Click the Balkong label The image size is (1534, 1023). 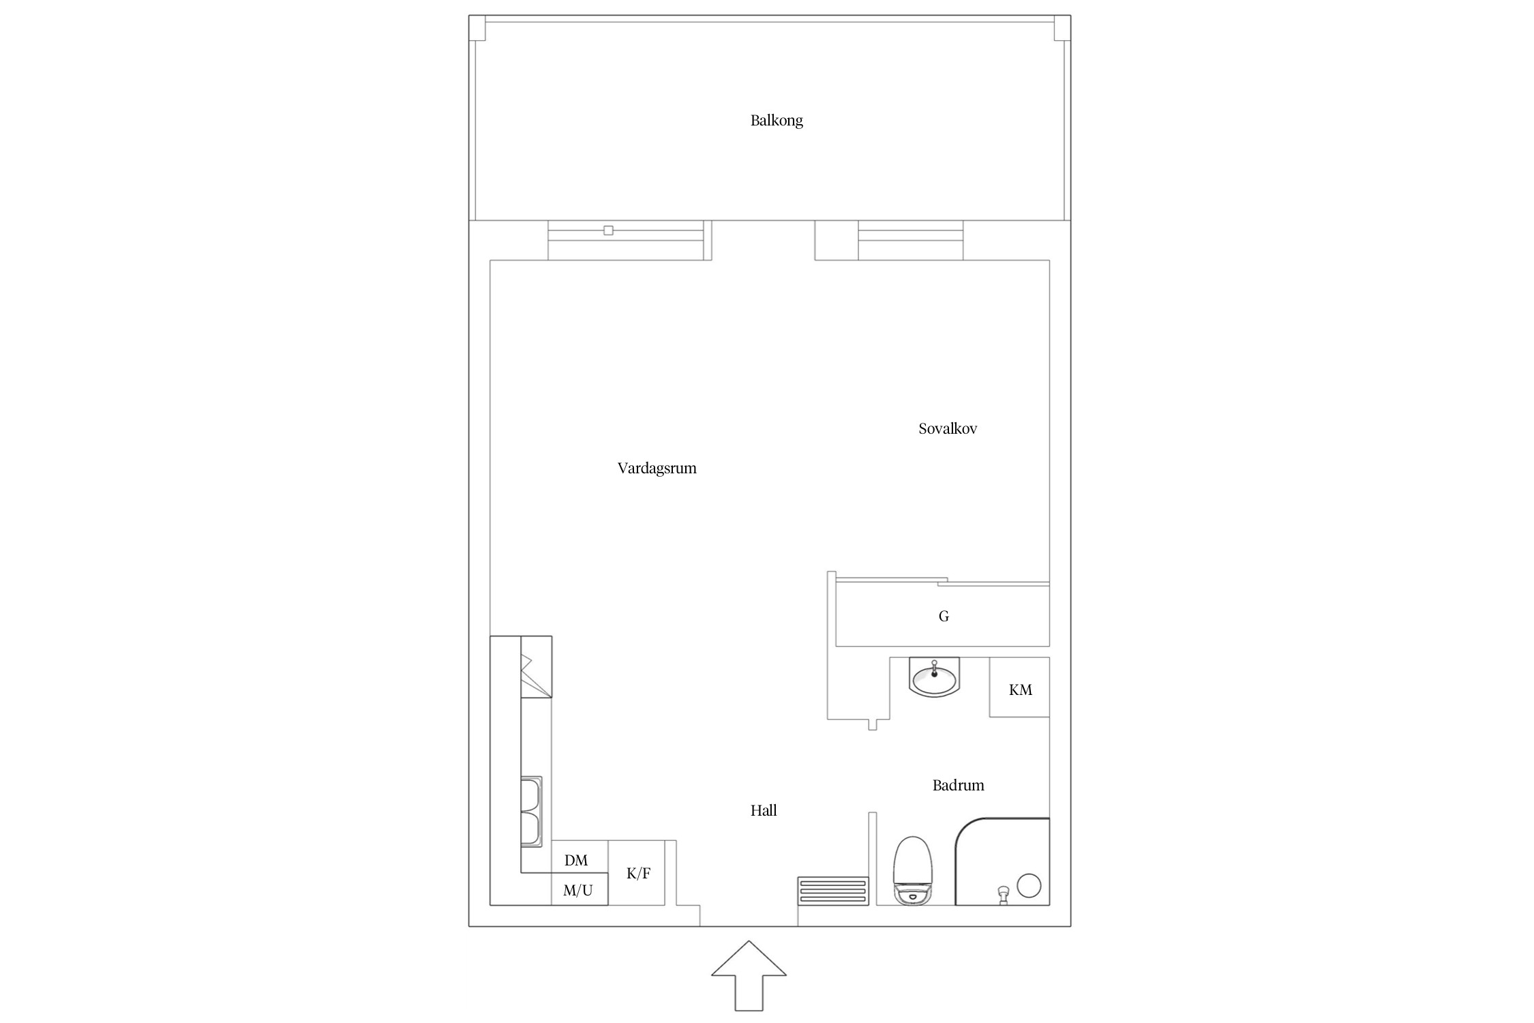[777, 121]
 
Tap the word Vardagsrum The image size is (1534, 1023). [657, 469]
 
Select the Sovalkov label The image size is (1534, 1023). [948, 429]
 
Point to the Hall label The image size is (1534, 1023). [764, 810]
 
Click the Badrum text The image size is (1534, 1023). [958, 785]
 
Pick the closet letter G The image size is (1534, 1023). [944, 617]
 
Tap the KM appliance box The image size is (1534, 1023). [1020, 687]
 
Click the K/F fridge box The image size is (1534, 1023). [636, 873]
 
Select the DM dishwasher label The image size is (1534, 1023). [576, 861]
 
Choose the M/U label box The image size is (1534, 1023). [579, 889]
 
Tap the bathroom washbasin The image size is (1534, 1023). [934, 677]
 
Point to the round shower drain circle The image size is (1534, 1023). [1029, 885]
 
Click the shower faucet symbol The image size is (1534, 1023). [1003, 895]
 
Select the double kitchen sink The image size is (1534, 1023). [532, 812]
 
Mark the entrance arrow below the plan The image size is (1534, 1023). [749, 976]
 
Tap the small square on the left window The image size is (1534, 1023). [608, 231]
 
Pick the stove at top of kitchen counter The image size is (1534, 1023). [536, 667]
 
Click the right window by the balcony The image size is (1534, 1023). [911, 240]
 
